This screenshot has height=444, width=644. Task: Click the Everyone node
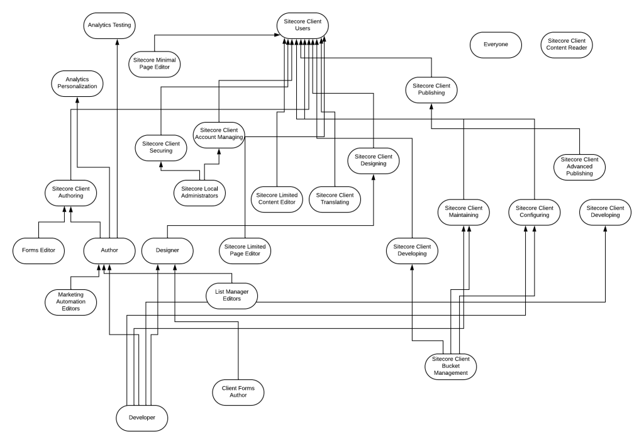[496, 45]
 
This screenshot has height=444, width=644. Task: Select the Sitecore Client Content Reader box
[567, 45]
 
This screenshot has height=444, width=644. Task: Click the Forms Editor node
[39, 250]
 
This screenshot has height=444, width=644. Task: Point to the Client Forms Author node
[238, 392]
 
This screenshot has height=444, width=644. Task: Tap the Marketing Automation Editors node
[71, 301]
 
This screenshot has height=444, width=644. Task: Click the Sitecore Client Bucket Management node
[451, 366]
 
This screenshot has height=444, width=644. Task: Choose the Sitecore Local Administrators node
[199, 192]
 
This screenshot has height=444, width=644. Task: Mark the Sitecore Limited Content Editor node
[277, 199]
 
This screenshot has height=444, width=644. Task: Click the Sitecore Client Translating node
[335, 199]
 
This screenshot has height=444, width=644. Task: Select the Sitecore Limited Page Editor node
[244, 250]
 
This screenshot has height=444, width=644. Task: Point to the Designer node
[167, 250]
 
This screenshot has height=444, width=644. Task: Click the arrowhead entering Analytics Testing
[116, 40]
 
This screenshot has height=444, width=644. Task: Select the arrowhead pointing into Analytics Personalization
[77, 100]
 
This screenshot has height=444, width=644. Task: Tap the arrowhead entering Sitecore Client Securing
[160, 164]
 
